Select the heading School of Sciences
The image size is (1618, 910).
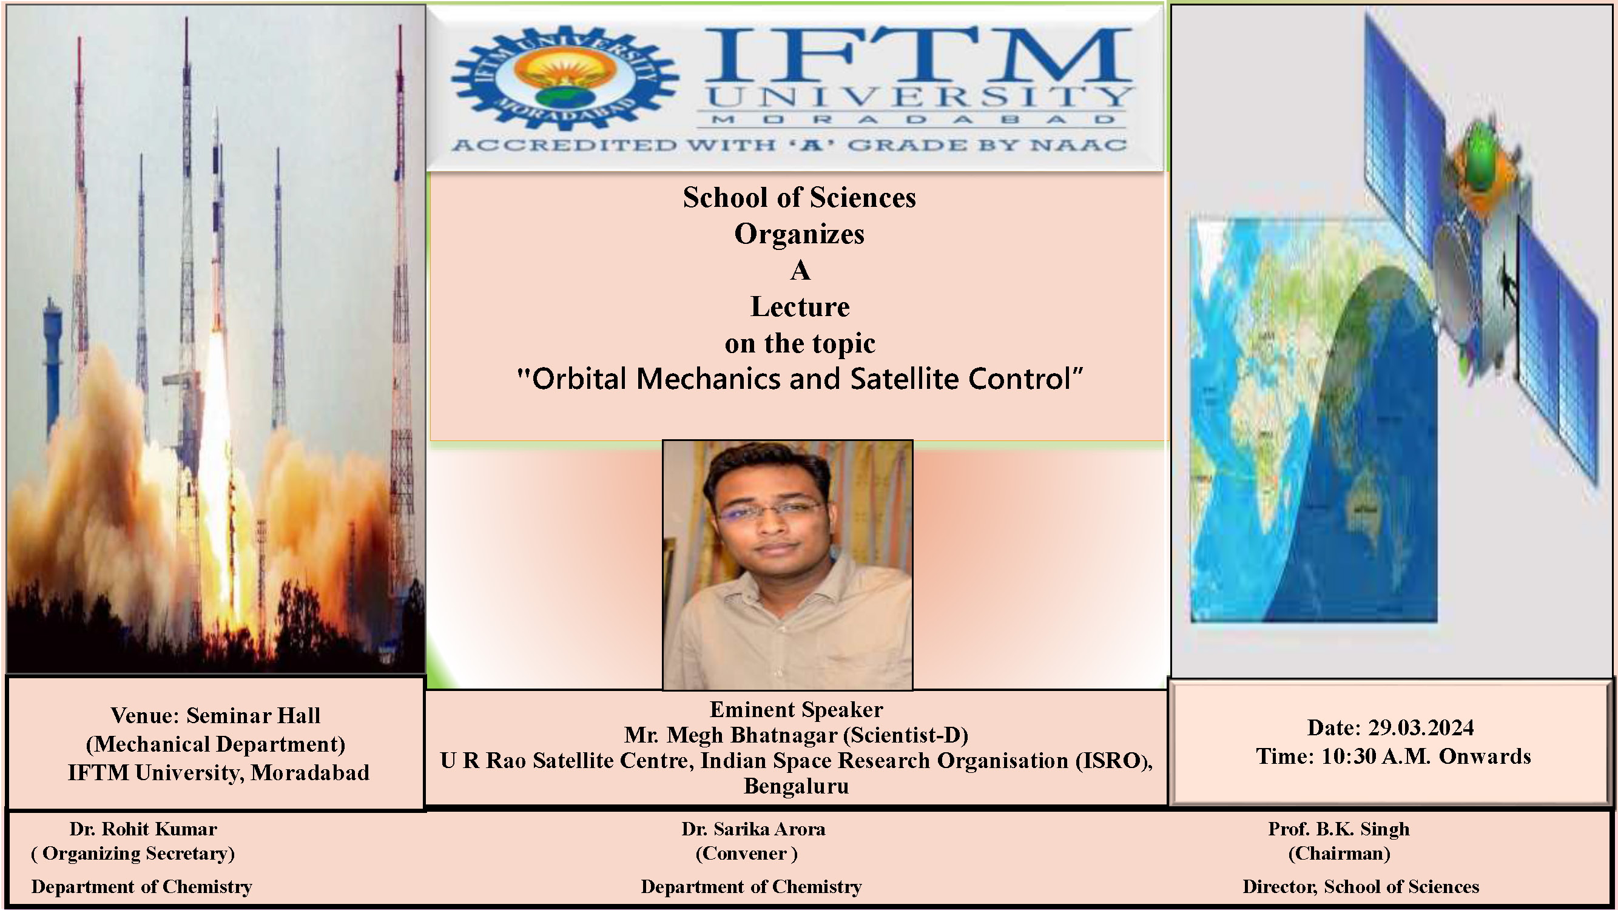(x=799, y=198)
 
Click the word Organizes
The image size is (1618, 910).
(x=799, y=234)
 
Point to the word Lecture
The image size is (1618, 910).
(x=800, y=307)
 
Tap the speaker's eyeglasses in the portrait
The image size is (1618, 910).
(x=770, y=510)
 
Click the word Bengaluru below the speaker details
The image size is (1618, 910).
(x=796, y=786)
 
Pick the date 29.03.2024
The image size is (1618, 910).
(x=1421, y=728)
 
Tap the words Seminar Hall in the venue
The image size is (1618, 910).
(x=253, y=716)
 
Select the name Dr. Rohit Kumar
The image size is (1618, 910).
(x=143, y=829)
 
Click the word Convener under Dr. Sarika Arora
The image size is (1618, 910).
(x=746, y=854)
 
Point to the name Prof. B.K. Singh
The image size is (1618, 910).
(x=1338, y=829)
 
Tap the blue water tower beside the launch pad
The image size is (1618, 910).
(x=53, y=364)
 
